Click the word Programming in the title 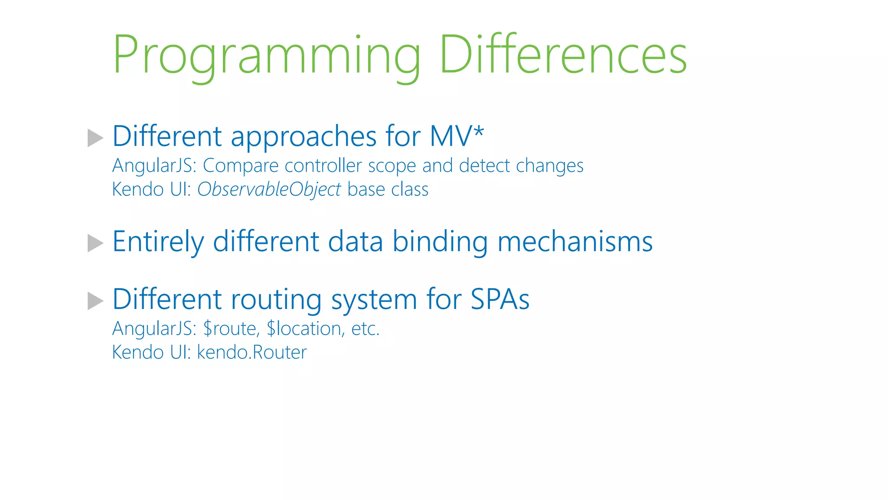click(x=266, y=56)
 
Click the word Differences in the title click(x=563, y=56)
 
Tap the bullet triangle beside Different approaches click(x=95, y=138)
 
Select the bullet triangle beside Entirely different click(x=95, y=243)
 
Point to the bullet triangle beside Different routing click(x=95, y=301)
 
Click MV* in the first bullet click(x=457, y=136)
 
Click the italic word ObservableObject click(x=269, y=190)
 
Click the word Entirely click(x=158, y=242)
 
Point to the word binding click(x=440, y=242)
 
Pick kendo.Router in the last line click(x=252, y=352)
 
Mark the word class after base click(x=410, y=190)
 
